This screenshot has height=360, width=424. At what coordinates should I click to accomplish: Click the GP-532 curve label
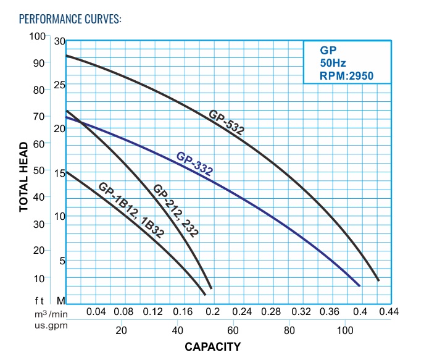pos(226,122)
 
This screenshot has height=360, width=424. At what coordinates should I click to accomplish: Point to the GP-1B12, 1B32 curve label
pos(130,207)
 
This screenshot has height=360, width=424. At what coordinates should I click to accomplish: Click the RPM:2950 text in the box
pos(346,75)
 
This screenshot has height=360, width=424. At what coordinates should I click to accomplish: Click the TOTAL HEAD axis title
pos(23,177)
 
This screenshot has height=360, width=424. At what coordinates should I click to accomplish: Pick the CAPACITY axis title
pos(212,346)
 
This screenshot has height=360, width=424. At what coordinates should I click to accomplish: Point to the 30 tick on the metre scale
pos(59,41)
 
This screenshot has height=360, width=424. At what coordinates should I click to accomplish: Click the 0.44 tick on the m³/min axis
pos(389,312)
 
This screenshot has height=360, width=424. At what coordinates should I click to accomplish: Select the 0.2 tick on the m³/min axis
pos(213,312)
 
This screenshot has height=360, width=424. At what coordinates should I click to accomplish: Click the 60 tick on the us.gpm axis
pos(233,330)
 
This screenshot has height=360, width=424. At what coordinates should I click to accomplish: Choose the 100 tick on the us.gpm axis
pos(344,330)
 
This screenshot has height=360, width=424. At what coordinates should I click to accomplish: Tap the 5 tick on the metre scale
pos(62,261)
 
